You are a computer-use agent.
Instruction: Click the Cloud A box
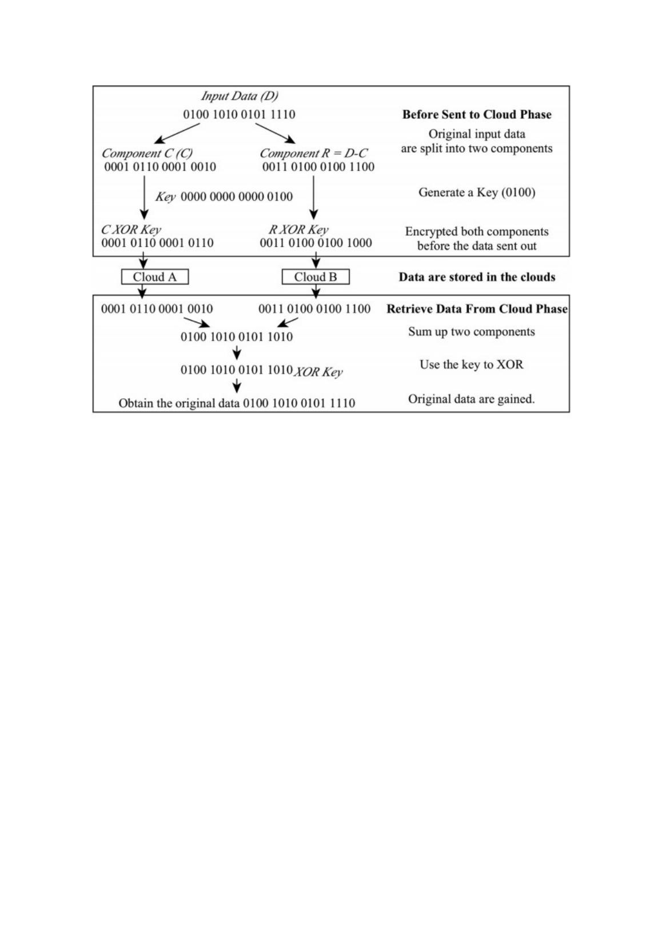[154, 277]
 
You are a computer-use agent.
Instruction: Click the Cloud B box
[315, 277]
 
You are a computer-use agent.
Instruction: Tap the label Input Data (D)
[239, 96]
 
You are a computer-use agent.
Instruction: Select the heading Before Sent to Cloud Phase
[477, 114]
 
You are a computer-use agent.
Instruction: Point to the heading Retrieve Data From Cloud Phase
[477, 309]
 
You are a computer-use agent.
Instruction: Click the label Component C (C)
[147, 153]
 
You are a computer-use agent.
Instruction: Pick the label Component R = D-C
[313, 153]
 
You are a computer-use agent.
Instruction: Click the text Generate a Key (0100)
[477, 193]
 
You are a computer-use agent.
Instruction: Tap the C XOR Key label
[131, 230]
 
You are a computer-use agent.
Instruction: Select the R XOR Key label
[298, 230]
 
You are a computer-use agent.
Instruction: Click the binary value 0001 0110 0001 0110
[157, 243]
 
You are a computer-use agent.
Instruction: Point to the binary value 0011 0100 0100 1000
[316, 243]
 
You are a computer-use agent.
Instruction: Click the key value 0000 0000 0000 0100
[237, 197]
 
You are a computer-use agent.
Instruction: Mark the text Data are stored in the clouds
[477, 277]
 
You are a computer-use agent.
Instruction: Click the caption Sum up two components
[472, 332]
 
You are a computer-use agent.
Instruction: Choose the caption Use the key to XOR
[472, 365]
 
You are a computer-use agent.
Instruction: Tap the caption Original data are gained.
[472, 399]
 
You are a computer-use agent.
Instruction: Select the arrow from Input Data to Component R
[275, 134]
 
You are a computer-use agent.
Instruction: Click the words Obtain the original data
[179, 403]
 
